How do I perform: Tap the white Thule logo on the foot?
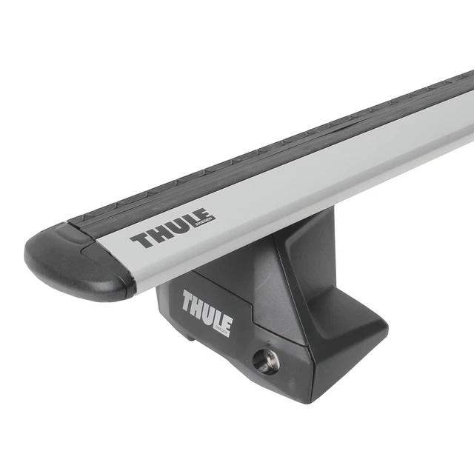pos(207,311)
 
